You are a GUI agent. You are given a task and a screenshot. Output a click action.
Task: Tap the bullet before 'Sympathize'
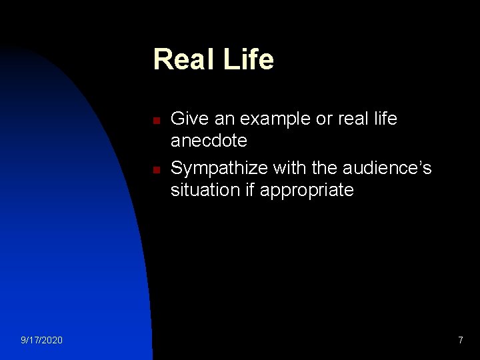(155, 170)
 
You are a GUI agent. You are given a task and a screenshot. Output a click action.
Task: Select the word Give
(188, 119)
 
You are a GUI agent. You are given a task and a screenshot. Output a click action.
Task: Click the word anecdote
(209, 141)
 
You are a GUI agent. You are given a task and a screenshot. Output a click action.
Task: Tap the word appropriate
(307, 191)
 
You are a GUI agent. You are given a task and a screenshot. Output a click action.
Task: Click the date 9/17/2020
(42, 341)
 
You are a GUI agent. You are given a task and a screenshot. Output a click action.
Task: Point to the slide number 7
(460, 341)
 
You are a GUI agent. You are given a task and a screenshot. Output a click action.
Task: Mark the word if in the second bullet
(251, 190)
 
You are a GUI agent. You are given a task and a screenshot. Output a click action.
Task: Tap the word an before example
(222, 119)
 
